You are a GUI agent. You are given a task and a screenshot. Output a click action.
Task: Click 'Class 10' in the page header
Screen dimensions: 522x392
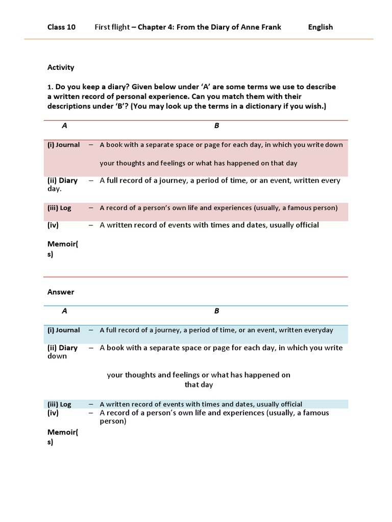(x=61, y=27)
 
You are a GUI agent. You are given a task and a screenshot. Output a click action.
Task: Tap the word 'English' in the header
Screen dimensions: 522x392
(x=321, y=27)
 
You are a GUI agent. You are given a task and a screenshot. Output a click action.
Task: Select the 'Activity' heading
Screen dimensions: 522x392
(x=61, y=67)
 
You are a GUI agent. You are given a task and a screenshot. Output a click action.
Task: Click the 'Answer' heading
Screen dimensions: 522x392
(x=61, y=292)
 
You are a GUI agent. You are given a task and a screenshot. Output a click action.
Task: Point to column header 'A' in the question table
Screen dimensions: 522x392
(x=64, y=125)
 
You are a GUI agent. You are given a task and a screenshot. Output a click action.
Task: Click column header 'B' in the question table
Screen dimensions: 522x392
(x=217, y=125)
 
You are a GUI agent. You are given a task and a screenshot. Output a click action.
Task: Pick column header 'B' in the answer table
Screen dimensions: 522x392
(x=217, y=311)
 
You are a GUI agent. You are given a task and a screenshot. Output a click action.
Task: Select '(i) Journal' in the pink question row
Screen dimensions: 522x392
(x=64, y=145)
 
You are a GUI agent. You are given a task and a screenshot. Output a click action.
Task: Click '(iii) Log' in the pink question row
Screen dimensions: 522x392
(x=59, y=208)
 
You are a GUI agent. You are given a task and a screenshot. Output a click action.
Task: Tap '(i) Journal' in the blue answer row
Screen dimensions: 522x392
(x=64, y=330)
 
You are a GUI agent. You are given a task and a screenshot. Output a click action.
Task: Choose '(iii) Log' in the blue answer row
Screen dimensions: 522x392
(x=59, y=404)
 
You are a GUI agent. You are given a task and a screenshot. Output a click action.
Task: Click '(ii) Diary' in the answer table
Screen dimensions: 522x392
(x=62, y=348)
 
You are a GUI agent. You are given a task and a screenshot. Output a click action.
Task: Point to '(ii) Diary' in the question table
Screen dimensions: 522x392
(x=62, y=180)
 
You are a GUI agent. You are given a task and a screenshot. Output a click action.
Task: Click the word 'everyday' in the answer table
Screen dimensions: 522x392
(x=318, y=330)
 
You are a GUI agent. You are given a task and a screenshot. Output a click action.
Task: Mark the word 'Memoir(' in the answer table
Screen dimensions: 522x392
(x=63, y=433)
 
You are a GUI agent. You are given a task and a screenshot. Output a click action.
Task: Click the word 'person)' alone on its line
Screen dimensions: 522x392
(x=113, y=422)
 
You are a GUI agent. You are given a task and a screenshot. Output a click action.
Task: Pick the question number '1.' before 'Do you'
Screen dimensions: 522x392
(x=50, y=87)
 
